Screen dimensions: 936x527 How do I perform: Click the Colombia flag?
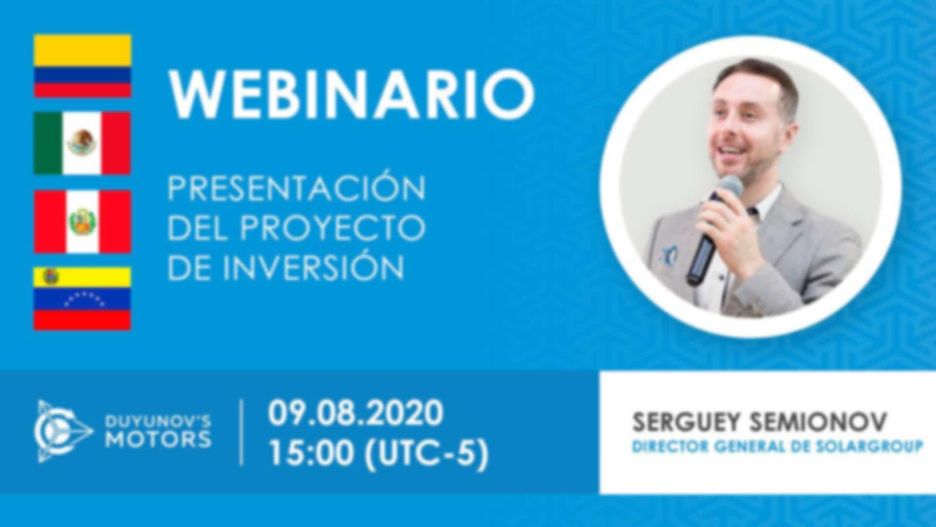82,66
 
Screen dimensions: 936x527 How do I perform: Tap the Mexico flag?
82,143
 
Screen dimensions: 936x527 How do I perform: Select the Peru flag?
82,222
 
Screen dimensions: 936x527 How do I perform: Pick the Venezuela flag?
82,299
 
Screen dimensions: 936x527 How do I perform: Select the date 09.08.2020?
355,413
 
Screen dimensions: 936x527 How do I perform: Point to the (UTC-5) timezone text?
427,454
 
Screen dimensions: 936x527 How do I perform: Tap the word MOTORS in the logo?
159,440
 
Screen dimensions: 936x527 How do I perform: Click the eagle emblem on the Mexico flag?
82,142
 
